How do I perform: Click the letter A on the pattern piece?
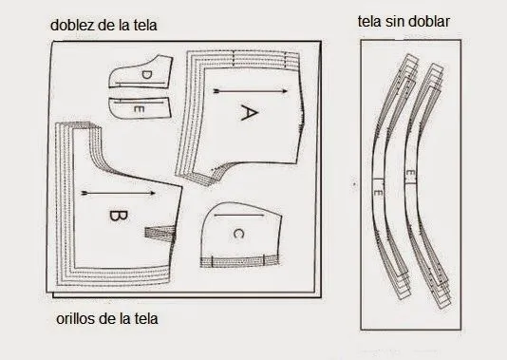click(247, 113)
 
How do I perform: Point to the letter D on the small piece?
click(146, 75)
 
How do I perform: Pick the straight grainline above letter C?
click(238, 218)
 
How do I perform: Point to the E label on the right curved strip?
click(407, 175)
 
